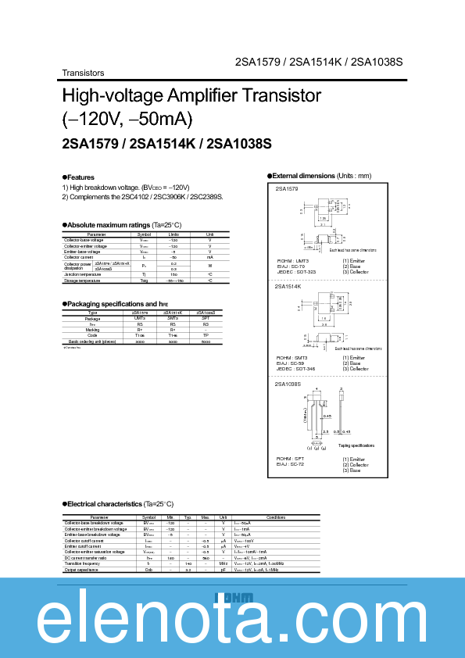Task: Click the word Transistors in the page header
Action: [x=83, y=73]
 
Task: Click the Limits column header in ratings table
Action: [x=173, y=234]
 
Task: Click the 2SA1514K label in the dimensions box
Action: [x=288, y=286]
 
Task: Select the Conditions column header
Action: [x=276, y=517]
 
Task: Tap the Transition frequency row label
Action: [x=85, y=563]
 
